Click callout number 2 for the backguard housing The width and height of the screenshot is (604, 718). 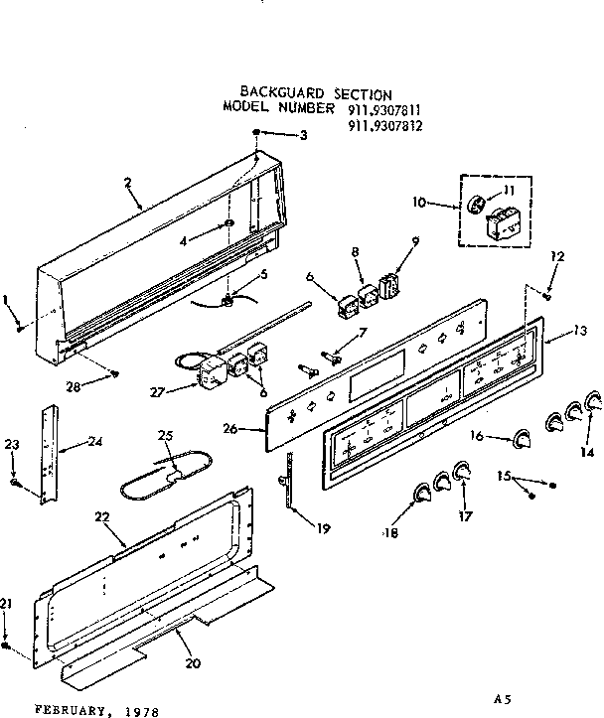tap(129, 182)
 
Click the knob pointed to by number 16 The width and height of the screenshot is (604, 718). tap(521, 439)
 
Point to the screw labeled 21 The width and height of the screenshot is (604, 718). tap(7, 646)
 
